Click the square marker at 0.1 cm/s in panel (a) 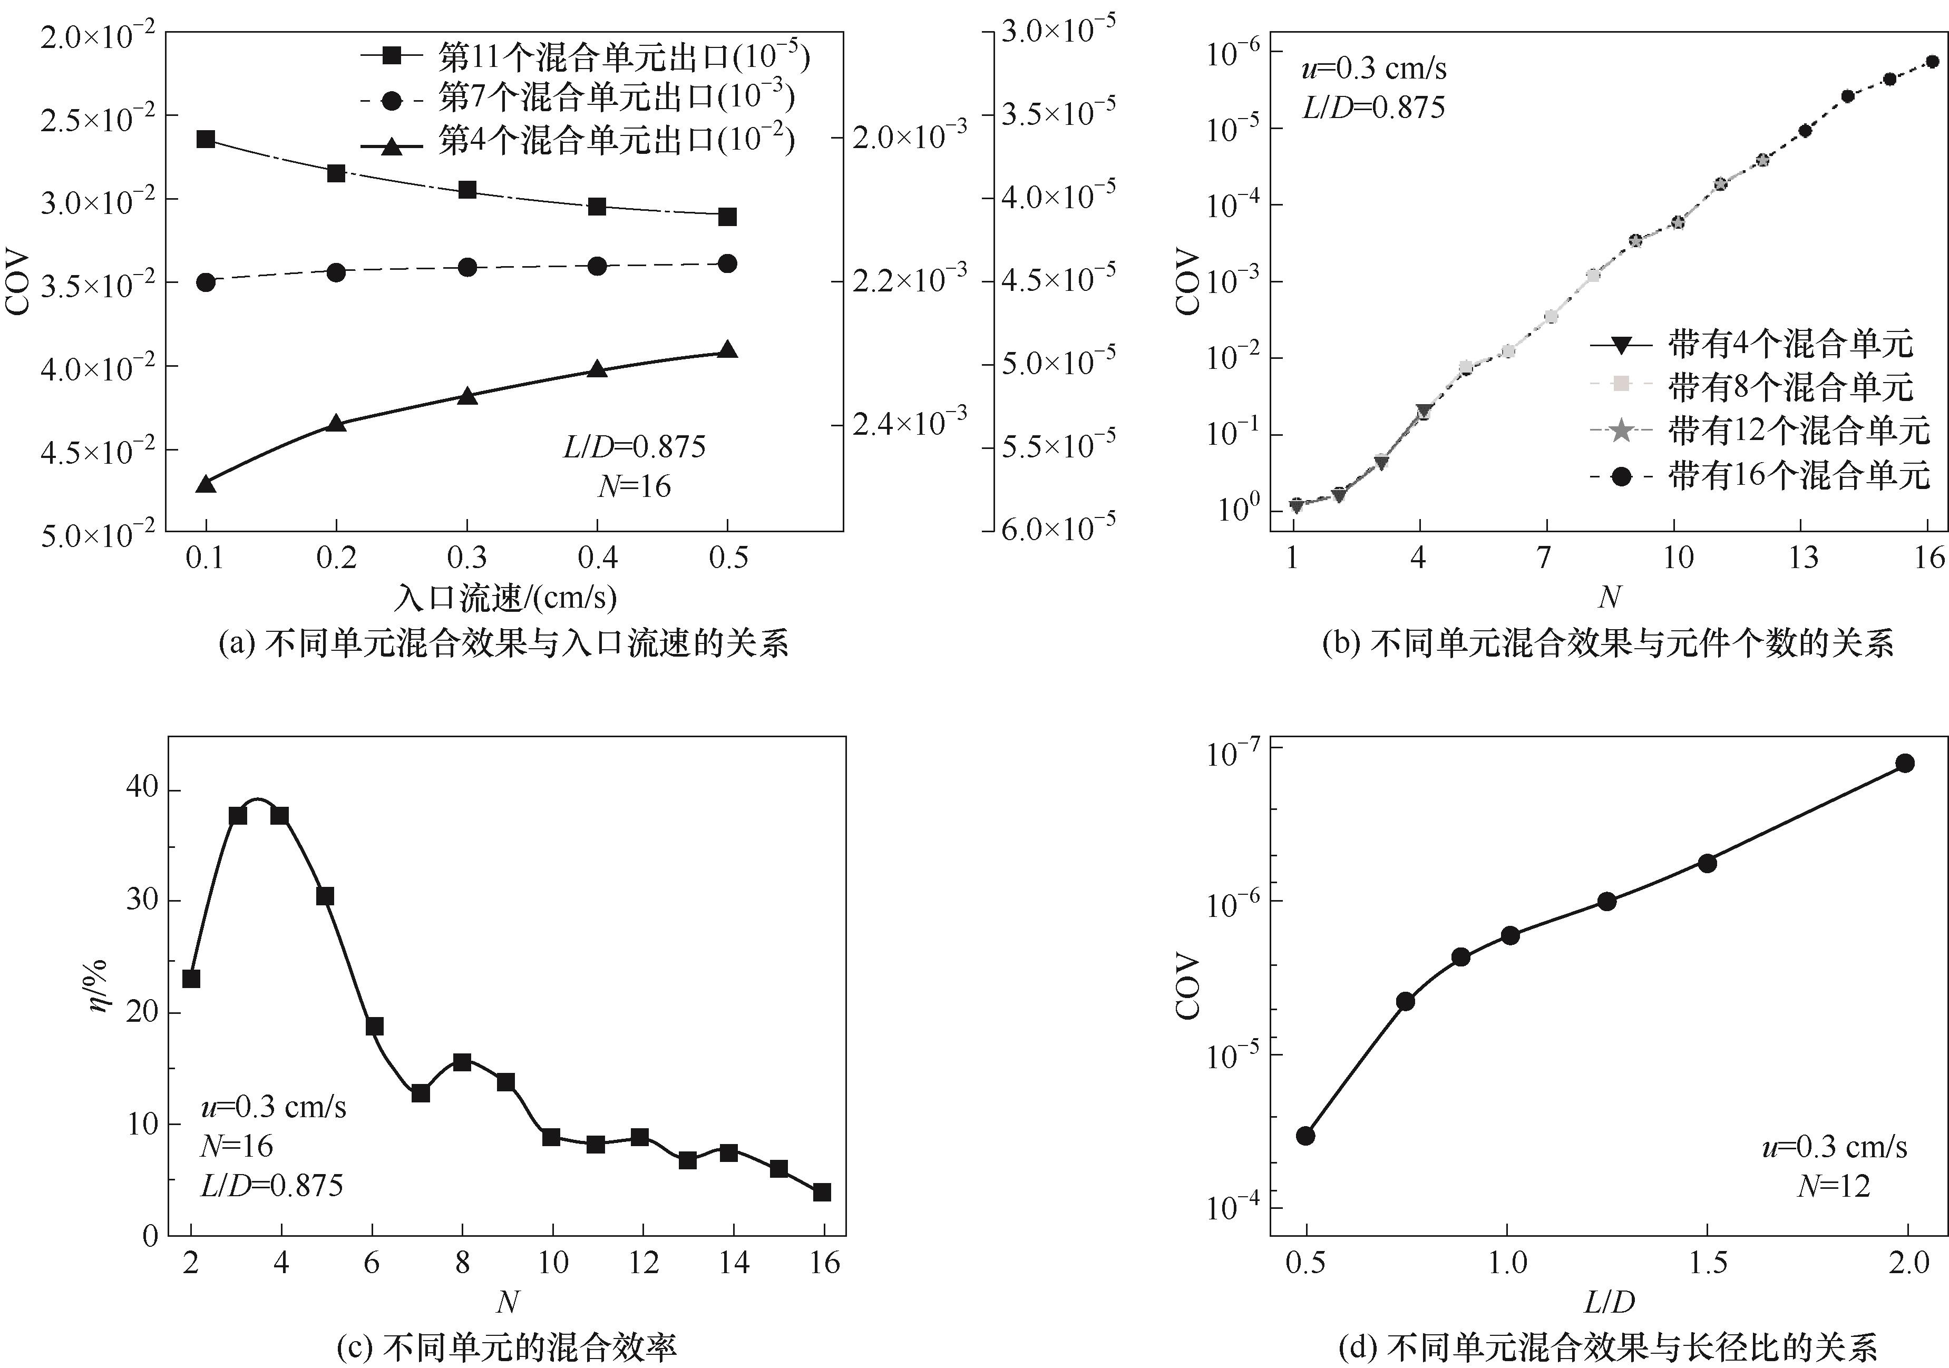(x=206, y=139)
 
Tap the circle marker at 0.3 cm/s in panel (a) (x=467, y=267)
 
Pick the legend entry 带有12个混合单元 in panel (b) (x=1798, y=431)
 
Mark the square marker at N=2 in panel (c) (x=191, y=979)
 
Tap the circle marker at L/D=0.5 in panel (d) (x=1305, y=1136)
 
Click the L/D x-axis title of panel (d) (x=1609, y=1302)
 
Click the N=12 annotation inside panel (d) (x=1834, y=1186)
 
